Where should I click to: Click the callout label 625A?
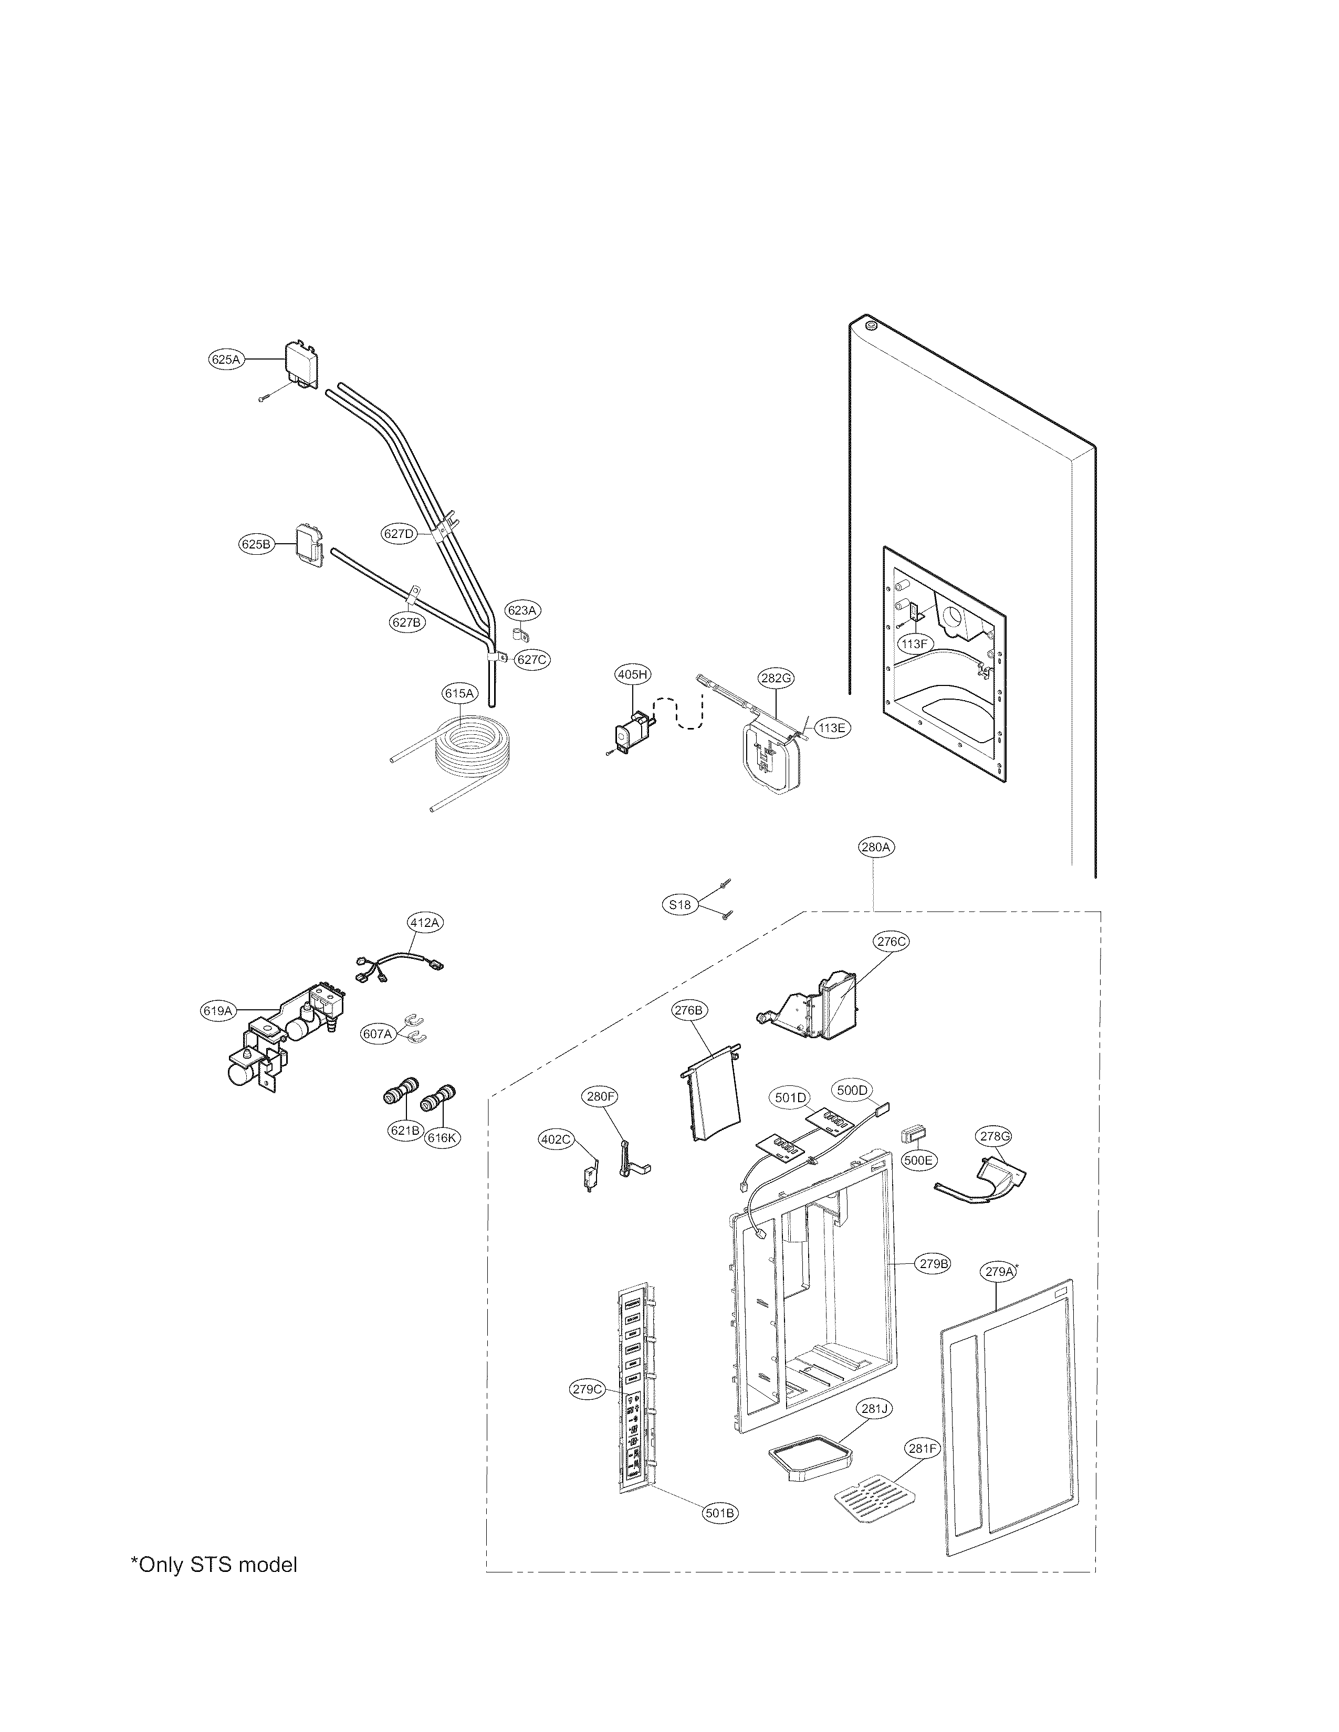tap(225, 359)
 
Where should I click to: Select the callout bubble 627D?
tap(399, 534)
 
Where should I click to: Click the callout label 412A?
tap(424, 922)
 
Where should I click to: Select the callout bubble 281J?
tap(874, 1409)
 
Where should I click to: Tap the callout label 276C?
tap(890, 942)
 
